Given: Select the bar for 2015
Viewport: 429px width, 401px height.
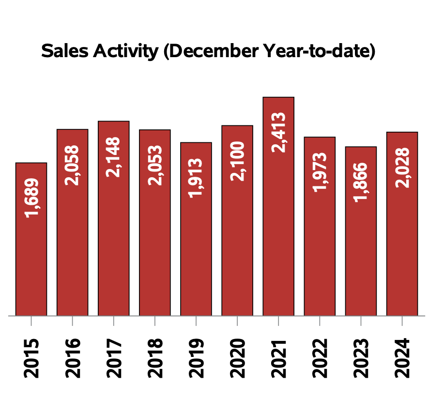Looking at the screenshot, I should [x=31, y=262].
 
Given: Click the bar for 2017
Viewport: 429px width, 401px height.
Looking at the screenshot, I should [x=114, y=242].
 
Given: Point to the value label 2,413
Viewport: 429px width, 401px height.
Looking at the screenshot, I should [x=279, y=132].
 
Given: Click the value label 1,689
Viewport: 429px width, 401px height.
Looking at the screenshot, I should [x=32, y=198].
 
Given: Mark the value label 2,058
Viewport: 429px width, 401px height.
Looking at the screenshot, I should [x=73, y=165].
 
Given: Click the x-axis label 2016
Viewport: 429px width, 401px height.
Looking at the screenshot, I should [x=73, y=358].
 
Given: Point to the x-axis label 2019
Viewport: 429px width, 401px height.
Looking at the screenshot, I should [x=197, y=358].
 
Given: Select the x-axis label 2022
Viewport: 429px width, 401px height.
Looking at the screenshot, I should [x=320, y=358].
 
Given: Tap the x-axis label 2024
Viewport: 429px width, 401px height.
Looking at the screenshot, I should [x=402, y=358].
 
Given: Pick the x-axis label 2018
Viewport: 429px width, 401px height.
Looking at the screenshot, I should [x=155, y=358].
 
